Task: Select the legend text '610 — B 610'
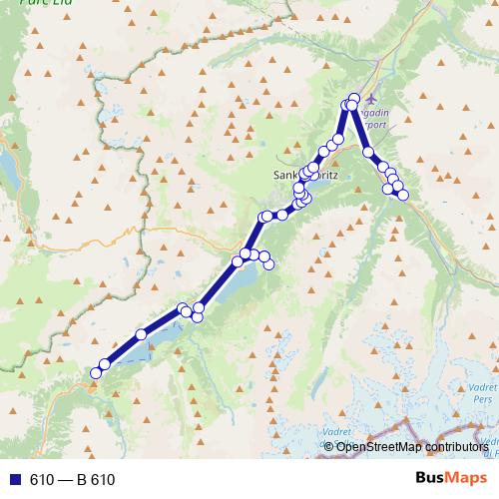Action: [x=72, y=479]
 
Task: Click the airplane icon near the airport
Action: [x=372, y=99]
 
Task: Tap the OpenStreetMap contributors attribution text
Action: [x=411, y=446]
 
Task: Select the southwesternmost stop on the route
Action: [x=96, y=373]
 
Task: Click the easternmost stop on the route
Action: [x=403, y=196]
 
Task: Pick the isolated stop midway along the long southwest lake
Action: [x=142, y=333]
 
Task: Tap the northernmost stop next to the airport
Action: [x=354, y=98]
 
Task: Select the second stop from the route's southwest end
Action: [x=105, y=364]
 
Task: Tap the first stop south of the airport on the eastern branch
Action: [x=368, y=152]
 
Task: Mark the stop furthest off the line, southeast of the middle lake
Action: [x=268, y=264]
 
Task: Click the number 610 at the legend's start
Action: [x=41, y=479]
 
